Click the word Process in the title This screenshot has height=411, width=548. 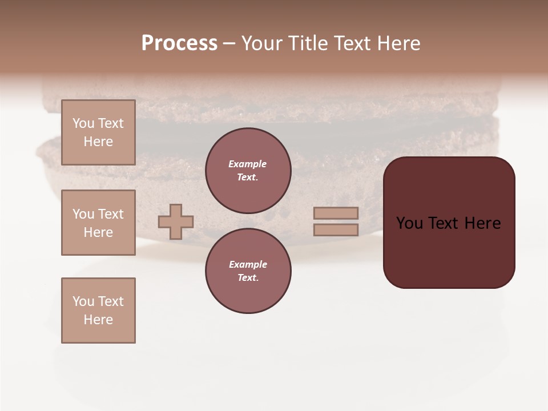pos(179,43)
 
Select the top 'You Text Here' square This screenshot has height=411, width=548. pos(98,132)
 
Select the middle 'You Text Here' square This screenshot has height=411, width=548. pos(98,223)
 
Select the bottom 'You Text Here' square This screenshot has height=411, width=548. pos(98,311)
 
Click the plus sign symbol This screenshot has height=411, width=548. pos(176,221)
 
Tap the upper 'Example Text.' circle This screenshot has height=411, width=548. pos(248,171)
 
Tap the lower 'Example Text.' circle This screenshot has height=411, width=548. pos(248,271)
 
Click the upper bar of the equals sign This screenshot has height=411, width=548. pos(336,213)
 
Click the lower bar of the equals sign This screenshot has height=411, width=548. pos(336,229)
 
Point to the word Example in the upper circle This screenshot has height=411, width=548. pos(248,164)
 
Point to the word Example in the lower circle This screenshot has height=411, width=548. pos(248,264)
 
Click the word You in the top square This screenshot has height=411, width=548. pos(83,123)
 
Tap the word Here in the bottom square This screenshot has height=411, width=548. pos(98,320)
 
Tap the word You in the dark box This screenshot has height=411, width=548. pos(409,223)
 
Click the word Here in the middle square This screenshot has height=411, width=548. pos(98,232)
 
